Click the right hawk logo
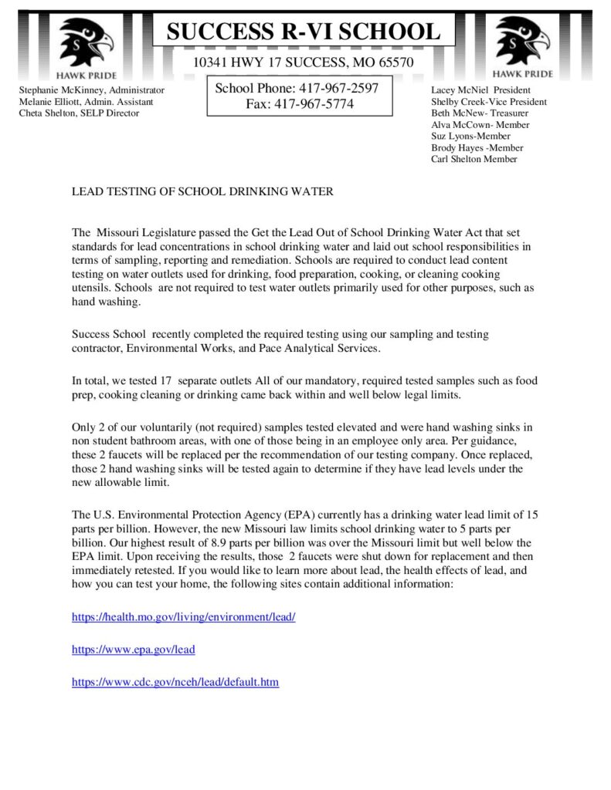(x=522, y=42)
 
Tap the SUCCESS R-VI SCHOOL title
(x=304, y=32)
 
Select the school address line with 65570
(x=303, y=62)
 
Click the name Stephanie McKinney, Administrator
(x=92, y=90)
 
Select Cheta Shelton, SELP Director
(x=79, y=113)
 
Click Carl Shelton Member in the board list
(x=474, y=159)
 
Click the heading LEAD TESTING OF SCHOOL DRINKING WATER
(x=202, y=191)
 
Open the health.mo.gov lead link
(x=184, y=617)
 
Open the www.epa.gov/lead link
(x=134, y=650)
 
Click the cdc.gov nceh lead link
(x=175, y=682)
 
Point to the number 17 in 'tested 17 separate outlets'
(x=165, y=381)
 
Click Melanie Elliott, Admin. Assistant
(x=86, y=102)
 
